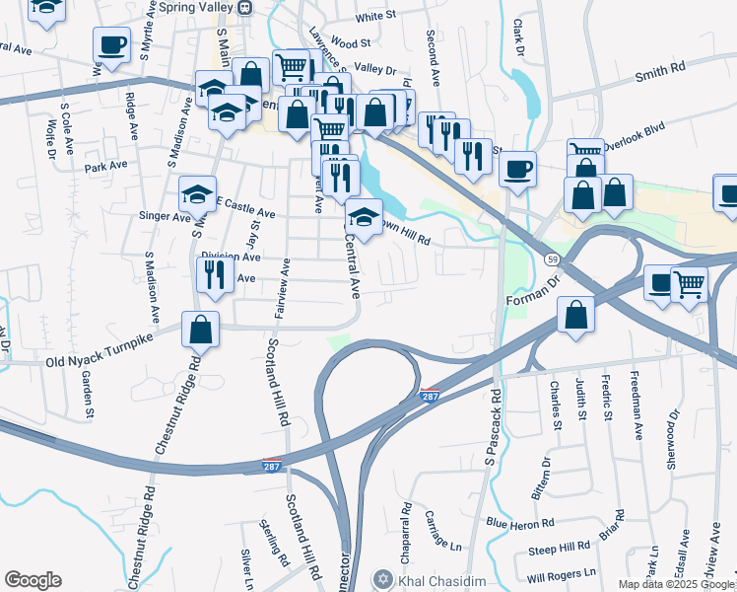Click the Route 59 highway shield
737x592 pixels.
tap(553, 259)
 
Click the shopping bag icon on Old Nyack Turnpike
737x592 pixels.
tap(200, 332)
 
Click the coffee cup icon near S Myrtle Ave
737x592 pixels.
tap(111, 44)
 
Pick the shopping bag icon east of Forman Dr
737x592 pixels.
tap(575, 316)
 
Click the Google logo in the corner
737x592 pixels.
tap(33, 580)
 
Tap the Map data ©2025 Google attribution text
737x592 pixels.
tap(677, 584)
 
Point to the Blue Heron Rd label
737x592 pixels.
tap(520, 523)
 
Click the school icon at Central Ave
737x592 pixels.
tap(364, 217)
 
